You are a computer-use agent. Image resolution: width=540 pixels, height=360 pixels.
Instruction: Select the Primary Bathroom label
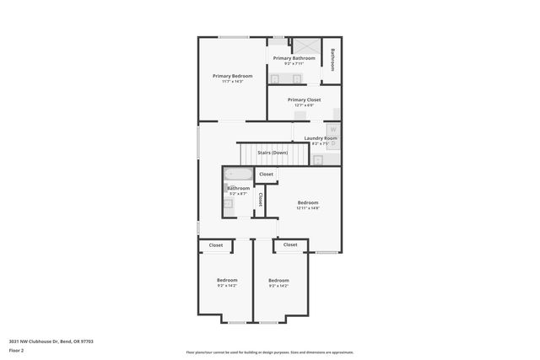(x=294, y=58)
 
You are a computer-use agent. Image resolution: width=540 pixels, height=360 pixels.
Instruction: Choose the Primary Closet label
(x=304, y=99)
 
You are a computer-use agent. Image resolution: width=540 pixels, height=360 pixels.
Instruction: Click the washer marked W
(x=332, y=129)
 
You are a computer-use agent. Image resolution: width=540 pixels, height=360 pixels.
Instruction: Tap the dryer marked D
(x=332, y=143)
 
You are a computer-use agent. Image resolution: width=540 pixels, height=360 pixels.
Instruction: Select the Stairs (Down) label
(x=273, y=153)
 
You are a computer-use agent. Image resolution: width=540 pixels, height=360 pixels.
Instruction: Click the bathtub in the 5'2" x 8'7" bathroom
(x=237, y=175)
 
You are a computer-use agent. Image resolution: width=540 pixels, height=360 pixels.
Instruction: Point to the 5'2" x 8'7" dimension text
(x=238, y=194)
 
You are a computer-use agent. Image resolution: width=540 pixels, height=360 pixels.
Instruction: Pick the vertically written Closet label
(x=261, y=200)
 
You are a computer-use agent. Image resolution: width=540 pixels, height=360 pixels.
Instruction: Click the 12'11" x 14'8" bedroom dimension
(x=308, y=208)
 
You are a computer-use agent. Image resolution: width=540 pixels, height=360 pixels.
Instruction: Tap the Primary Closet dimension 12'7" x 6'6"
(x=304, y=105)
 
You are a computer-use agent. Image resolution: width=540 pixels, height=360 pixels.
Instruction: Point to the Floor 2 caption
(x=17, y=351)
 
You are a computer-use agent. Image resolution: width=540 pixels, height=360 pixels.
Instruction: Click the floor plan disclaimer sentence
(x=270, y=352)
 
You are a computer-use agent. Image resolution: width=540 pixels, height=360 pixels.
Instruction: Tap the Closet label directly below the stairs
(x=266, y=175)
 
